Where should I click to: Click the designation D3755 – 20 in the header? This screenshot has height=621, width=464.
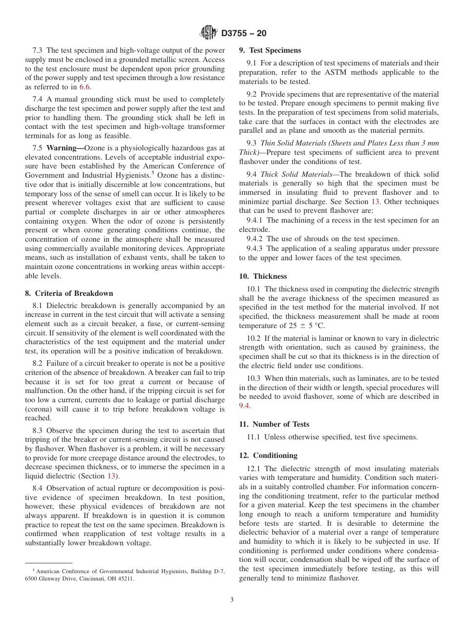coord(244,34)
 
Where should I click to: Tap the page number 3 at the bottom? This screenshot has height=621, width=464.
coord(232,600)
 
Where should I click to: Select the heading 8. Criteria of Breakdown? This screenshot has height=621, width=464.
coord(69,293)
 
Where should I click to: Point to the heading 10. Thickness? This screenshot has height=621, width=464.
coord(263,276)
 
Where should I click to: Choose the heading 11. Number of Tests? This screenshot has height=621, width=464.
coord(274,424)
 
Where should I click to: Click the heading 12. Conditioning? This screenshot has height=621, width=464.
coord(268,455)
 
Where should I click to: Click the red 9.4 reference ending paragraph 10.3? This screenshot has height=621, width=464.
coord(244,406)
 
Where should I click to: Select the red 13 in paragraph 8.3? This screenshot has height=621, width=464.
coord(112,476)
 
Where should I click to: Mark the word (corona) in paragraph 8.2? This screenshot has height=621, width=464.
coord(40,409)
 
